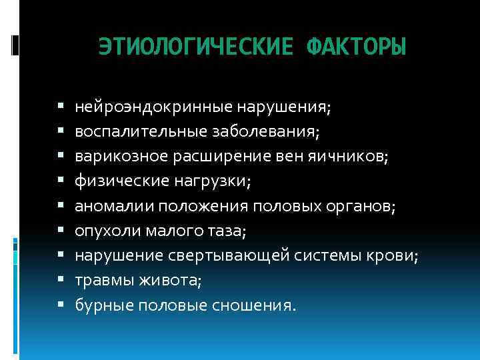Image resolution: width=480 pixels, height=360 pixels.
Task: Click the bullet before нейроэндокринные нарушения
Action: pos(61,107)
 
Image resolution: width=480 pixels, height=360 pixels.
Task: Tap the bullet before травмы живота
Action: pos(61,281)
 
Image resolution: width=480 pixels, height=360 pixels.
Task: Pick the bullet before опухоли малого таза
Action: pos(61,231)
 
